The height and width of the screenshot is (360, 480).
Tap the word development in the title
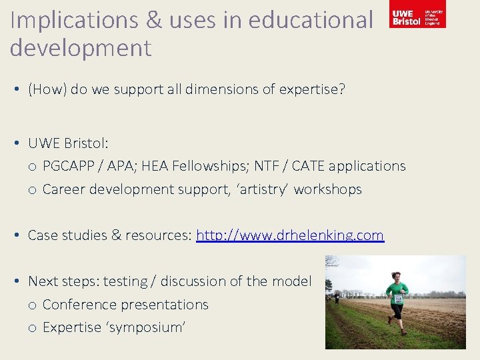pyautogui.click(x=81, y=48)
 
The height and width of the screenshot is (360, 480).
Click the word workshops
pyautogui.click(x=328, y=189)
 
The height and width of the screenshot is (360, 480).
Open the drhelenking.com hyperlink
pyautogui.click(x=290, y=235)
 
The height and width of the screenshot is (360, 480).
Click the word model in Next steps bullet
pyautogui.click(x=291, y=281)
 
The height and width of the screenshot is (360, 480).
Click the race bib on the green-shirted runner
pyautogui.click(x=398, y=299)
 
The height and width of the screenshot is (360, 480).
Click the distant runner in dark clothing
pyautogui.click(x=337, y=299)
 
